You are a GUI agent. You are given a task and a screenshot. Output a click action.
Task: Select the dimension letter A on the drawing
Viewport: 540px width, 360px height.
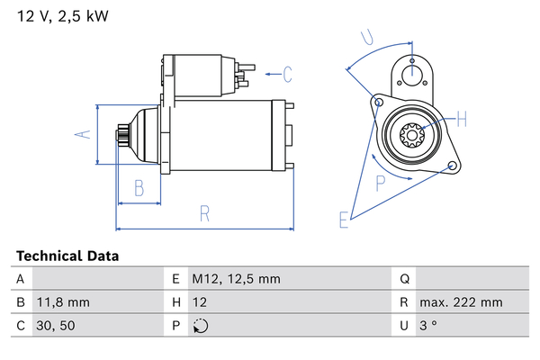click(82, 134)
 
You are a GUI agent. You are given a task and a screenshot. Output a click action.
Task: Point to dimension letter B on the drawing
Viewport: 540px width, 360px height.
click(139, 188)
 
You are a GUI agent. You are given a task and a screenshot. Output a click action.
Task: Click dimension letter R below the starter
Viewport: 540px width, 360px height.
click(205, 213)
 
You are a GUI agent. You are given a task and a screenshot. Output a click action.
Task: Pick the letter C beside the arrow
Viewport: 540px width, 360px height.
click(288, 73)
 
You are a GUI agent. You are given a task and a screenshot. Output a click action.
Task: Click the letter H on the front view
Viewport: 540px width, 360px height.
click(463, 119)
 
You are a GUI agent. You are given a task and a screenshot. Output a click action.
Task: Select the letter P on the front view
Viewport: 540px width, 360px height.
click(381, 182)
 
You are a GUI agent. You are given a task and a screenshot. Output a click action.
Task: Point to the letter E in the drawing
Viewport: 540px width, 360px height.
click(343, 219)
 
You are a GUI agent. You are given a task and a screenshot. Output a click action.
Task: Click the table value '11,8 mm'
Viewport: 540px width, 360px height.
click(64, 302)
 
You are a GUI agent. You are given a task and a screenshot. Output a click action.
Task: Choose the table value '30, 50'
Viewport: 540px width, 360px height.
click(56, 325)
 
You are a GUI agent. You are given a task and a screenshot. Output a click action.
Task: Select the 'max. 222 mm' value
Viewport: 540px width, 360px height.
click(463, 302)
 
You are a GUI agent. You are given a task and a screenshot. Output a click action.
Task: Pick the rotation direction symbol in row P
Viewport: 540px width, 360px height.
click(200, 326)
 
